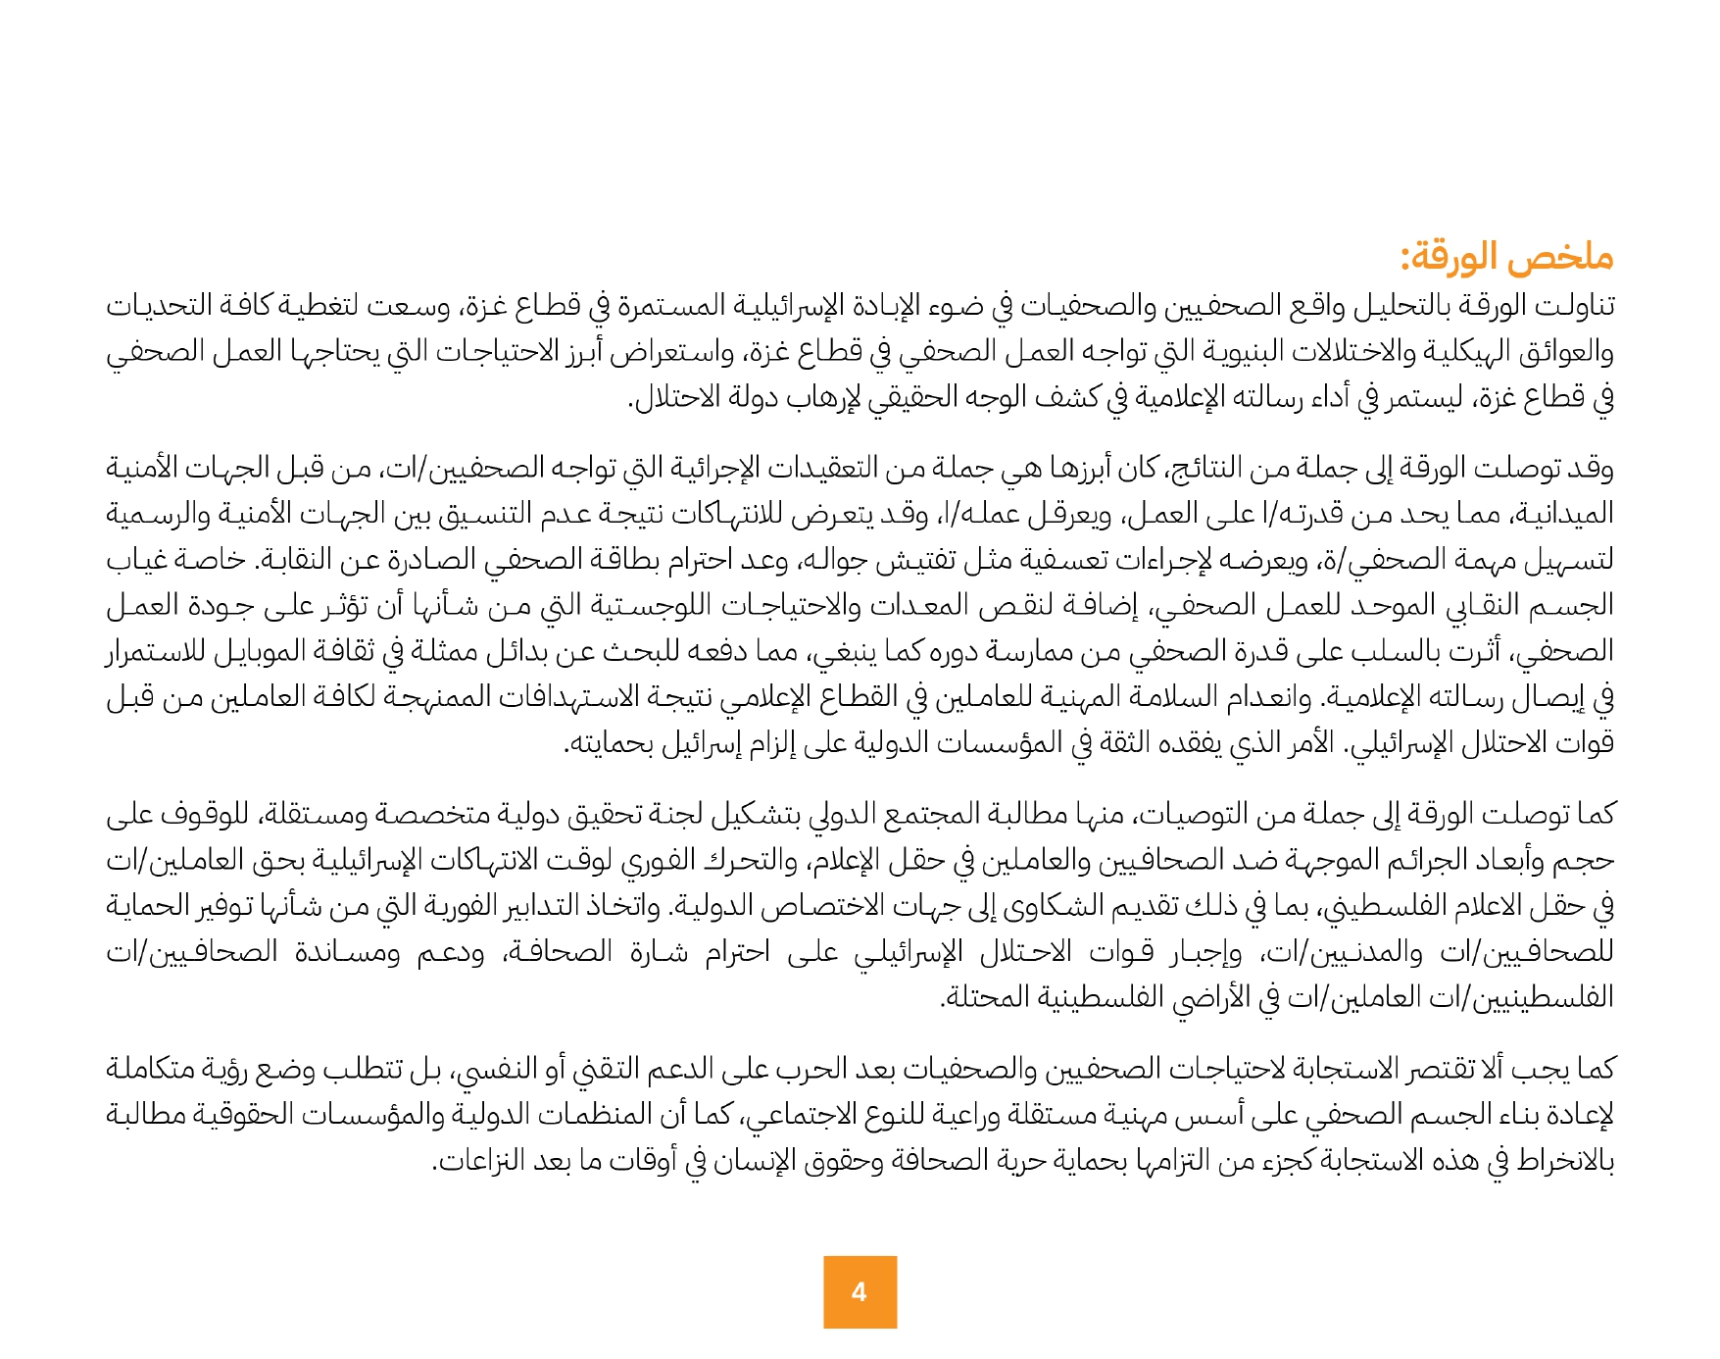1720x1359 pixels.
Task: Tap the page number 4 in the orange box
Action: (860, 1292)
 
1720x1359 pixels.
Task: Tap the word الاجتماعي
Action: (801, 1115)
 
